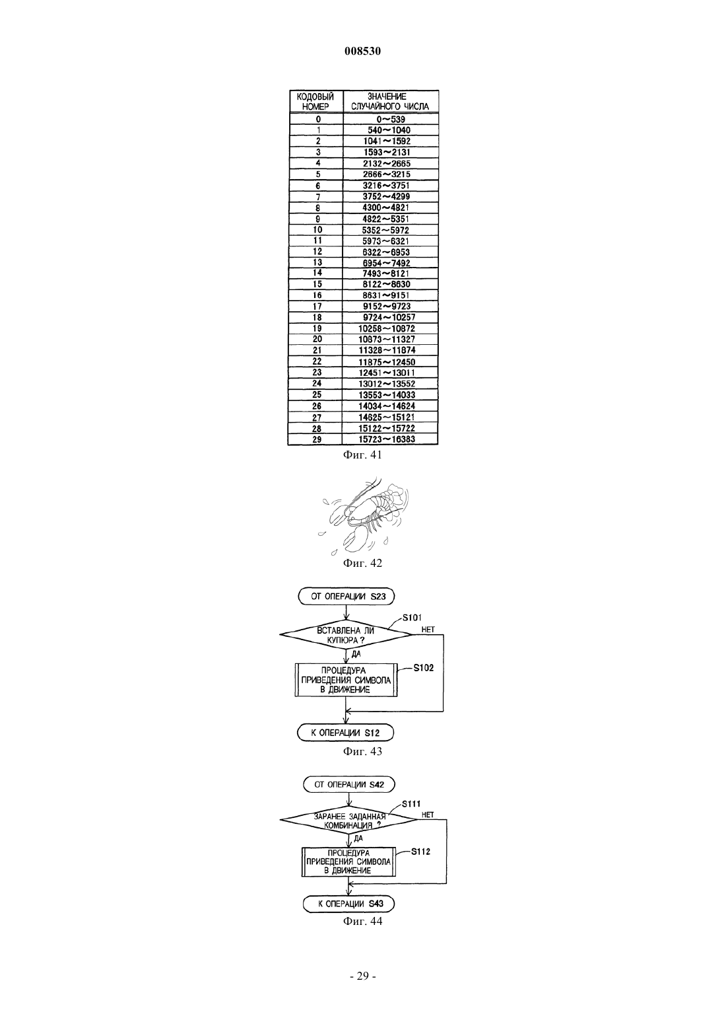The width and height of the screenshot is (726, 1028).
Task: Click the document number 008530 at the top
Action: point(362,52)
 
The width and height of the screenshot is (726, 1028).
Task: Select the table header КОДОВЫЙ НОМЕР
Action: point(315,102)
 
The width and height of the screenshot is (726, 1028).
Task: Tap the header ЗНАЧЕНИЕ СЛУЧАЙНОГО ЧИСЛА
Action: point(391,102)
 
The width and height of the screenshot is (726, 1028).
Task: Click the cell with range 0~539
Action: point(391,120)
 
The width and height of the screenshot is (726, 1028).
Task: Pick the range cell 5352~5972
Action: point(390,230)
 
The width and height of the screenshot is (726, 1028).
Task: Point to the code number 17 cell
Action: point(316,306)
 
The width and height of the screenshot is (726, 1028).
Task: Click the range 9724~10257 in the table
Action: point(390,317)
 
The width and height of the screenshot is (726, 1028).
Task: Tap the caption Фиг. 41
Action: point(362,455)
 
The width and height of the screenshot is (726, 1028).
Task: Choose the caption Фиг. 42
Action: point(362,563)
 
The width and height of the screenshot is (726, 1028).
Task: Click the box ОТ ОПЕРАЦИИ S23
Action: point(346,597)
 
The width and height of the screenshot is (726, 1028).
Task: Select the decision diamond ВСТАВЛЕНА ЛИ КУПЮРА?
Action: point(346,635)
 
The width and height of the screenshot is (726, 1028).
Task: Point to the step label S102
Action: point(424,668)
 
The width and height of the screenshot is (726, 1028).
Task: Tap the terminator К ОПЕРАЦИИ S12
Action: point(345,733)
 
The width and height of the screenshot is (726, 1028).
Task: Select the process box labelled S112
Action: point(348,862)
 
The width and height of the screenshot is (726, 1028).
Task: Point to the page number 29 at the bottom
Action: point(362,976)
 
